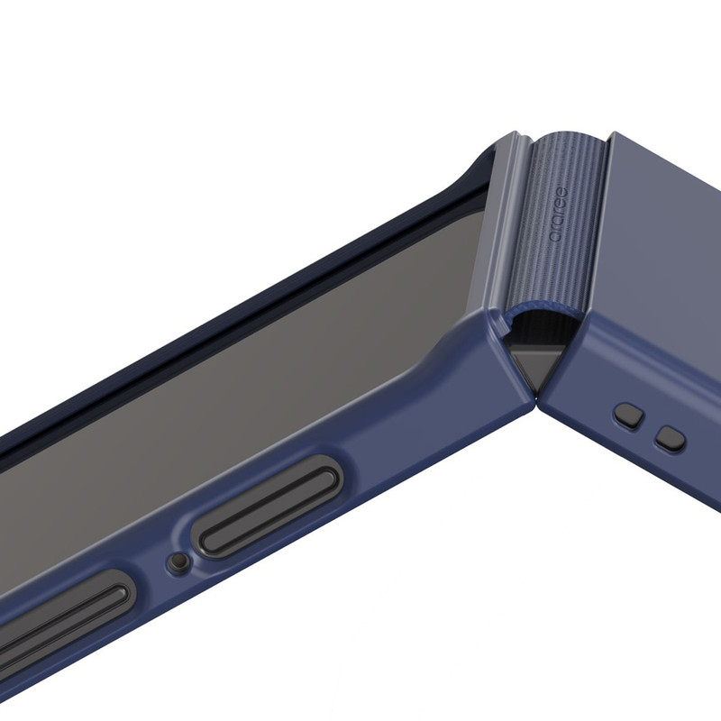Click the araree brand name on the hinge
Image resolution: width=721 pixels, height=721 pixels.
tap(559, 214)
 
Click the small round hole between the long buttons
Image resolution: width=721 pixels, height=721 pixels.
tap(178, 561)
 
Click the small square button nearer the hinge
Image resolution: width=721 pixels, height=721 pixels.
tap(628, 416)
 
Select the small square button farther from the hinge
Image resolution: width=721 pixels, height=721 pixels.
tap(671, 438)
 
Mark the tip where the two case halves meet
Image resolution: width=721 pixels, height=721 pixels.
tap(535, 397)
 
